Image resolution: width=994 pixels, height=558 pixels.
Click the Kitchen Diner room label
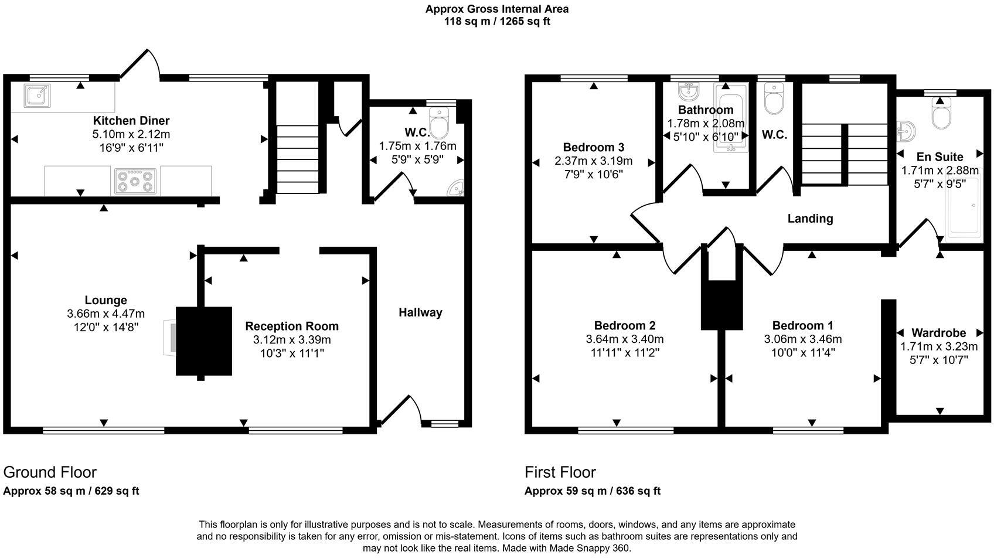tap(131, 121)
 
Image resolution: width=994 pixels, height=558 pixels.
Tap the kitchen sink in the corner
tap(37, 96)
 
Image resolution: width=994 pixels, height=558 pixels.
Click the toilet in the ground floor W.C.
tap(438, 123)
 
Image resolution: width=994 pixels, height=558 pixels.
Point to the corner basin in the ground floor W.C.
tap(457, 188)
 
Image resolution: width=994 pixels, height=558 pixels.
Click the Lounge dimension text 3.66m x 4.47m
tap(105, 314)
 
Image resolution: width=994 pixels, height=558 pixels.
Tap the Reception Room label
tap(291, 326)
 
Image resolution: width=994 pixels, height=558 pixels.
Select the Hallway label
tap(420, 312)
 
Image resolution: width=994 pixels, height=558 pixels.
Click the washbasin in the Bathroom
tap(689, 91)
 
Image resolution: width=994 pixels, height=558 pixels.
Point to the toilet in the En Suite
tap(941, 115)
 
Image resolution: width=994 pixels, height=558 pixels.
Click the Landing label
tap(810, 219)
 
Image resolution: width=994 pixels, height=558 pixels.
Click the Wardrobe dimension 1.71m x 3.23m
tap(939, 346)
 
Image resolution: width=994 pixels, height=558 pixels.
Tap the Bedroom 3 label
tap(593, 147)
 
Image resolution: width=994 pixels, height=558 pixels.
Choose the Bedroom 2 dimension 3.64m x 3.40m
tap(625, 339)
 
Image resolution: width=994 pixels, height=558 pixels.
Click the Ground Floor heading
tap(50, 472)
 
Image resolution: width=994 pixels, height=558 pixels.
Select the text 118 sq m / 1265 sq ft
tap(497, 22)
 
